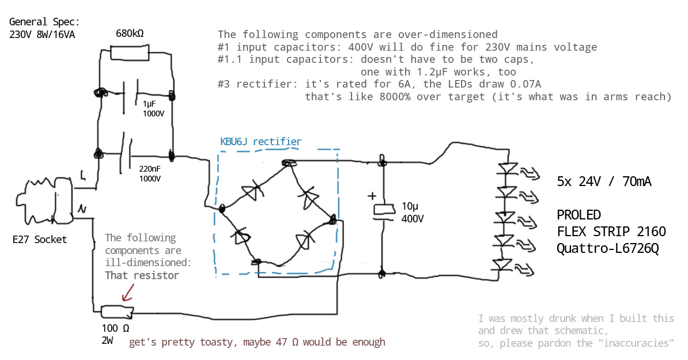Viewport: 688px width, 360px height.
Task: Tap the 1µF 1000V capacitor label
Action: (154, 109)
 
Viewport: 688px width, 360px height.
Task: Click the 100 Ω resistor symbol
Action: (117, 312)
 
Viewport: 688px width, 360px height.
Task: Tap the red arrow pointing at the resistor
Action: (127, 293)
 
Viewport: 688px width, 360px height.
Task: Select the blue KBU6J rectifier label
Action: (260, 141)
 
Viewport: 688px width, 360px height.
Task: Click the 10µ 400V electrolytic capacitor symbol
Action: (382, 211)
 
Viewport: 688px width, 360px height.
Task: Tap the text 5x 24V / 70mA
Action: (604, 182)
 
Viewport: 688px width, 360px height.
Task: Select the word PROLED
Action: (579, 215)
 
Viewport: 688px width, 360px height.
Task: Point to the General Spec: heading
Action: (44, 22)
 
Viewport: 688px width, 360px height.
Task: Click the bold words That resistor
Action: (142, 275)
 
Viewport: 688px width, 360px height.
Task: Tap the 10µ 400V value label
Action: (412, 213)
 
